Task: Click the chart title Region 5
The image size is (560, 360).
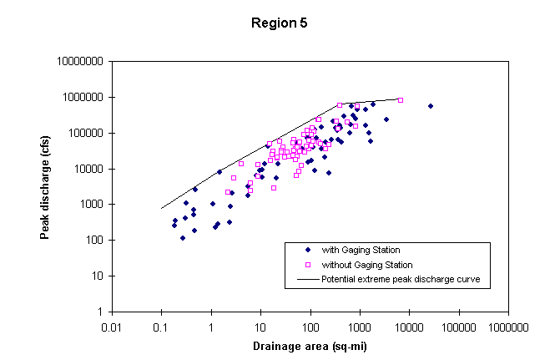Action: point(280,23)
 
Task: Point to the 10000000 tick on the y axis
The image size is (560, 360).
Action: point(79,62)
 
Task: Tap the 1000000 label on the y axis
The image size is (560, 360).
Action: point(82,98)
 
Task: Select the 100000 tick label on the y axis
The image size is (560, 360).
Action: point(84,134)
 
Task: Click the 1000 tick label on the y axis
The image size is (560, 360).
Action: point(90,205)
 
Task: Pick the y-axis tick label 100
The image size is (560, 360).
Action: point(93,241)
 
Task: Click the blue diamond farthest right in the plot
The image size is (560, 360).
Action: point(431,106)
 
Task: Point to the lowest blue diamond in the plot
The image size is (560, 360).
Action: point(183,238)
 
